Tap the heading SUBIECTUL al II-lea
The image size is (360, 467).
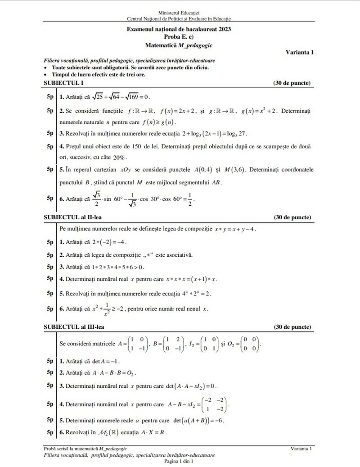[73, 217]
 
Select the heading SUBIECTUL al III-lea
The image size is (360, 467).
[74, 327]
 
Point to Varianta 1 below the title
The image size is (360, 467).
[299, 52]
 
